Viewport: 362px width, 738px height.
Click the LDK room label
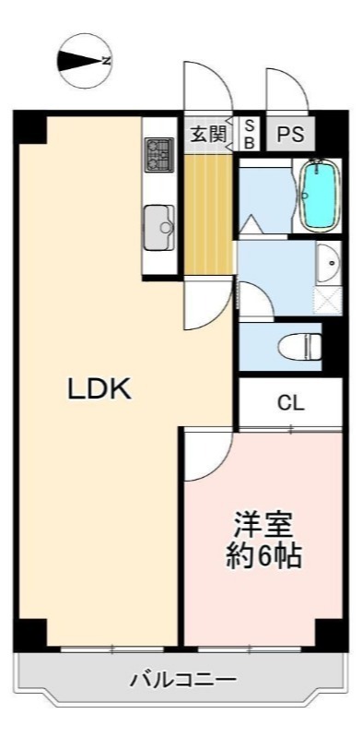click(99, 388)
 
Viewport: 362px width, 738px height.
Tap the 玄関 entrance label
click(208, 134)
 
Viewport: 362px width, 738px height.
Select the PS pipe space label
click(291, 134)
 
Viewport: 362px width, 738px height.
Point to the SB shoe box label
click(249, 134)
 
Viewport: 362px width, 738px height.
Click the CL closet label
click(291, 403)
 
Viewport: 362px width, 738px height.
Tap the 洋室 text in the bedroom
click(263, 524)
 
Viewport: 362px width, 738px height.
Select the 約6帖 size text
click(263, 556)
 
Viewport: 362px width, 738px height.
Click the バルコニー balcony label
click(181, 682)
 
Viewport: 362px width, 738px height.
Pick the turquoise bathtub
click(318, 195)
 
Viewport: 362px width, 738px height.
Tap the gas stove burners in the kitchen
click(159, 157)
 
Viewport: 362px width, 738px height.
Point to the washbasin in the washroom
click(329, 264)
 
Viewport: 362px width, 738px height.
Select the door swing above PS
click(283, 92)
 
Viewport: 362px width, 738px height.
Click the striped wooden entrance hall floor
click(208, 212)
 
